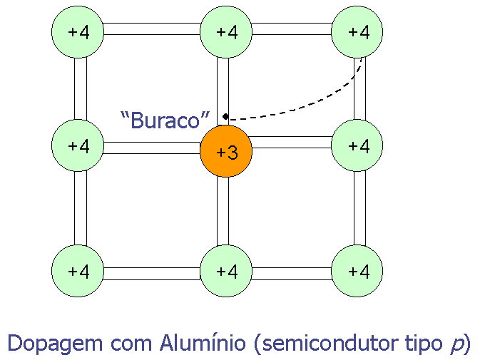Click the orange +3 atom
pos(226,151)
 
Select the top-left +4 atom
pos(78,32)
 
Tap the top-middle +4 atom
pos(226,32)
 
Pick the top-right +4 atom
pos(358,32)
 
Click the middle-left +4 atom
pos(78,146)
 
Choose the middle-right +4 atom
pos(358,146)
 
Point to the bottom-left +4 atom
pos(78,271)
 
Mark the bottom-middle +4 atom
pos(226,271)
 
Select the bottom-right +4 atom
pos(358,271)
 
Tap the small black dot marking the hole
pos(225,116)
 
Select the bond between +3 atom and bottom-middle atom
pos(223,211)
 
